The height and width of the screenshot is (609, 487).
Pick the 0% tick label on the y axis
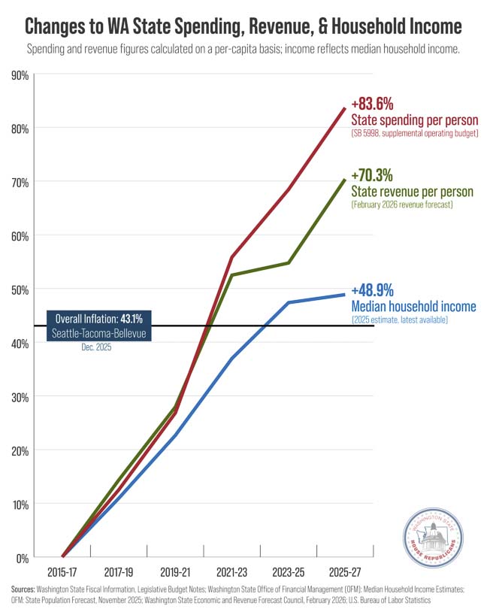pyautogui.click(x=22, y=558)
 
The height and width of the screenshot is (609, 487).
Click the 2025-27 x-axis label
pyautogui.click(x=345, y=571)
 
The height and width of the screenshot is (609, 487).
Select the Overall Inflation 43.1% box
pyautogui.click(x=101, y=326)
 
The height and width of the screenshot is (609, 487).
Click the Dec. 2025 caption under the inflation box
pyautogui.click(x=98, y=347)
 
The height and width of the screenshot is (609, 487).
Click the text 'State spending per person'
pyautogui.click(x=415, y=120)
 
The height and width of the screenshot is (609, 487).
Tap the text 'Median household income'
pyautogui.click(x=413, y=306)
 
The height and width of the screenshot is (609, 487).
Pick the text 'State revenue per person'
pyautogui.click(x=414, y=192)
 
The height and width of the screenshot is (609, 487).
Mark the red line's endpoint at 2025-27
pyautogui.click(x=345, y=108)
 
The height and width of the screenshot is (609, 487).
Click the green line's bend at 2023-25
pyautogui.click(x=289, y=263)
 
